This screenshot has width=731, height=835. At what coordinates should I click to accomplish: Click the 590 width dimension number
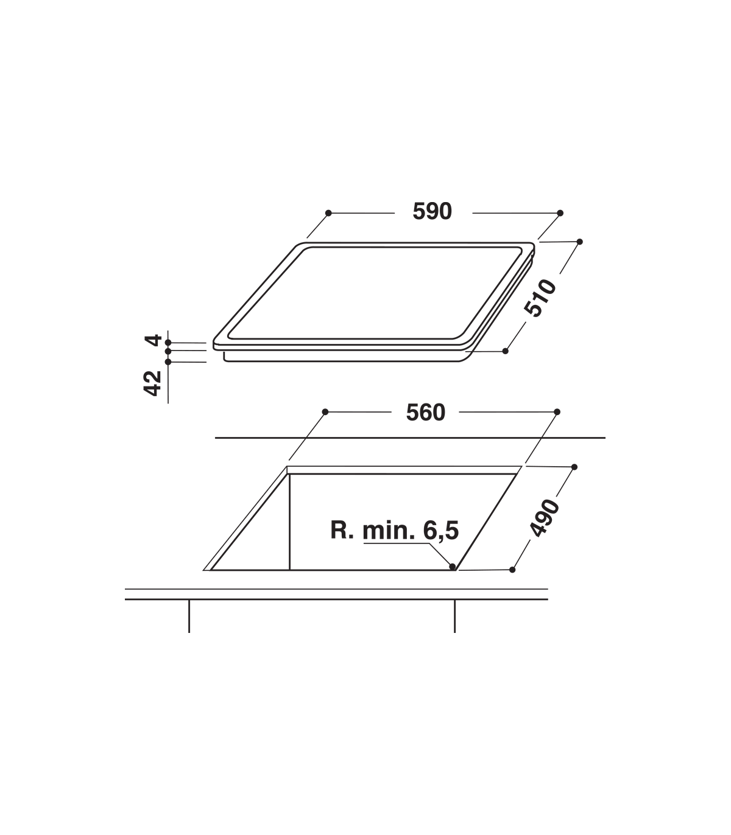(x=432, y=211)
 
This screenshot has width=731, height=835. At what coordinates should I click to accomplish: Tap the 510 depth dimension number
(x=540, y=298)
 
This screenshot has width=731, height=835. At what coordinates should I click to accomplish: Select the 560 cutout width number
(x=426, y=413)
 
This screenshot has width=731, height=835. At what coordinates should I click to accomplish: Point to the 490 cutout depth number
(x=544, y=518)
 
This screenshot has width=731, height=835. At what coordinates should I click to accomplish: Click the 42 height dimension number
(x=152, y=383)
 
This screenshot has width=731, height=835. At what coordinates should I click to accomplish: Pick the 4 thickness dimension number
(x=153, y=340)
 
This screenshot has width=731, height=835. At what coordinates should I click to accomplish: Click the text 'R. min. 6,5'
(x=395, y=531)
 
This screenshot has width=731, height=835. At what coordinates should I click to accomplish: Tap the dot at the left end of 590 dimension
(x=328, y=213)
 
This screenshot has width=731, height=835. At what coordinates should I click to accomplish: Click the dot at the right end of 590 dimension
(x=560, y=213)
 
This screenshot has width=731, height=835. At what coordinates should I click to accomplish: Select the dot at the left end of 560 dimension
(x=325, y=412)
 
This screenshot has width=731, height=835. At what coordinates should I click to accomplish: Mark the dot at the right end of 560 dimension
(x=557, y=412)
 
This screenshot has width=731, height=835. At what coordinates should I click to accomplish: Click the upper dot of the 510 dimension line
(x=579, y=242)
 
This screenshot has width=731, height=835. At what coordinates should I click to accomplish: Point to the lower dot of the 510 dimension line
(x=505, y=351)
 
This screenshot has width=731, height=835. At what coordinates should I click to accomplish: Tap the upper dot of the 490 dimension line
(x=574, y=467)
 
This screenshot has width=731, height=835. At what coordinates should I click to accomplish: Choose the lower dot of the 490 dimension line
(x=512, y=570)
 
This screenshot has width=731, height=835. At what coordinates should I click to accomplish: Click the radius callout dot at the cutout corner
(x=452, y=567)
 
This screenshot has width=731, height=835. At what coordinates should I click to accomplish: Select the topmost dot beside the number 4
(x=168, y=343)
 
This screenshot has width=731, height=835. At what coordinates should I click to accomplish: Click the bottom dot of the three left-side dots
(x=168, y=362)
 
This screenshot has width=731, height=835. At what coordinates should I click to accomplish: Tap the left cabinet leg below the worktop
(x=189, y=617)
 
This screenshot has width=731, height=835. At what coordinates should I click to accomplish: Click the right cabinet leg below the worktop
(x=454, y=617)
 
